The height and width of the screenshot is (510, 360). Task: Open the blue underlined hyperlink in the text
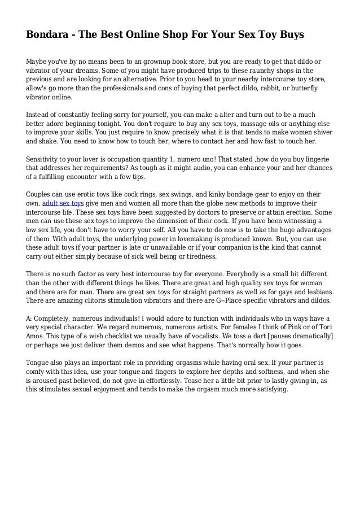point(63,201)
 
